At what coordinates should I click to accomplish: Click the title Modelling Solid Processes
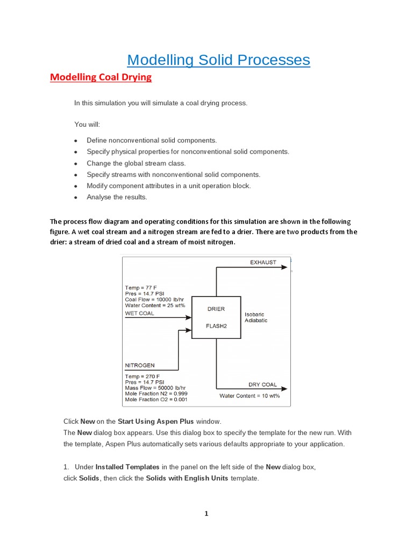click(218, 60)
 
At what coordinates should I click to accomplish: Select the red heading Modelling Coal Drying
click(101, 77)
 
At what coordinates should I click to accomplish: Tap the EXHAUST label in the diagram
click(263, 262)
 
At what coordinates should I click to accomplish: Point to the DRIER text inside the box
click(216, 309)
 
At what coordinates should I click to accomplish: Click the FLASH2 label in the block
click(216, 325)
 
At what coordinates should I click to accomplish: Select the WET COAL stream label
click(139, 313)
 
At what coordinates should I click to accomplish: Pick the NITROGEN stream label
click(140, 365)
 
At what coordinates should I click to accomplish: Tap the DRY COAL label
click(262, 385)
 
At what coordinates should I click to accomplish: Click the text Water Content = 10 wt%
click(250, 396)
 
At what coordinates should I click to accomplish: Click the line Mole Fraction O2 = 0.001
click(156, 400)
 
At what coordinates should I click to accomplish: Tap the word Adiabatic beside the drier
click(256, 321)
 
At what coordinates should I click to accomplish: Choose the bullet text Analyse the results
click(117, 197)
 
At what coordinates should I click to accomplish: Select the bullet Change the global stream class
click(136, 163)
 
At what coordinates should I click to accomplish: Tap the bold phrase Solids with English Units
click(187, 478)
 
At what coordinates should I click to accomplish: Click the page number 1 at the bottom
click(206, 513)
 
